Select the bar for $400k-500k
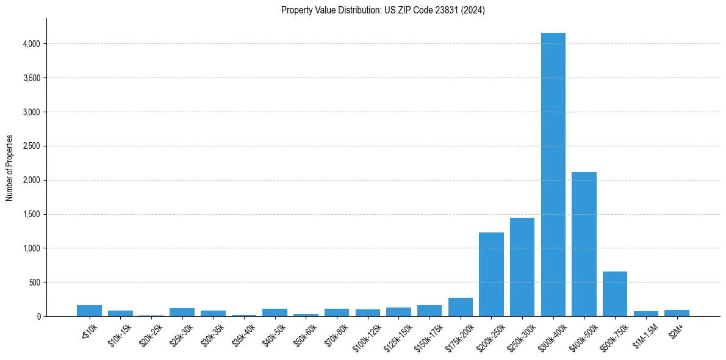584,244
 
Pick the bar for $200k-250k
491,275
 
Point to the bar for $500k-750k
615,294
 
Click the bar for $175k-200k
460,307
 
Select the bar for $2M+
677,313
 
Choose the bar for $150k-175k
429,311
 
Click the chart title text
383,10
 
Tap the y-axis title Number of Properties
10,168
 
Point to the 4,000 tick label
31,44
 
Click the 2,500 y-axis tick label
31,146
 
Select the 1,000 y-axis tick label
31,248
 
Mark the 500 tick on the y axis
34,283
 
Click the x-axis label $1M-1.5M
645,334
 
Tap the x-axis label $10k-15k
120,334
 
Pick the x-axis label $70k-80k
336,334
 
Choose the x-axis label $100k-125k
366,336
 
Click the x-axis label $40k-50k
275,334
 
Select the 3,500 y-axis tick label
31,78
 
